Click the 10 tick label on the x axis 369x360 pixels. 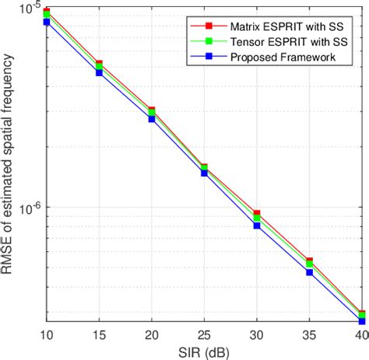pyautogui.click(x=47, y=334)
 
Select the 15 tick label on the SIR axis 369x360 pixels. pyautogui.click(x=96, y=334)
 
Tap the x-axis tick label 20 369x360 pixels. pyautogui.click(x=145, y=334)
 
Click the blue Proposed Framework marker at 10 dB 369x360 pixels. pyautogui.click(x=47, y=23)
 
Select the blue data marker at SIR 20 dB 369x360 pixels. pyautogui.click(x=152, y=119)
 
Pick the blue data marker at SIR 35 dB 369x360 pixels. pyautogui.click(x=309, y=273)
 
